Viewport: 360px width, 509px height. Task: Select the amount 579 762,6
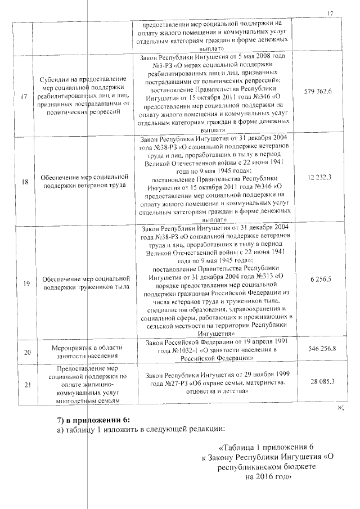[x=321, y=92]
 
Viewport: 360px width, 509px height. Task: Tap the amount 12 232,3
[x=320, y=177]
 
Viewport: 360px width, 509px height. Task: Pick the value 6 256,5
[x=321, y=279]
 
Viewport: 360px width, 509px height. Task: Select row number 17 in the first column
[x=24, y=96]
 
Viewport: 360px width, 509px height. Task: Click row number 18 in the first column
[x=24, y=182]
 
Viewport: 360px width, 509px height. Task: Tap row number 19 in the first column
[x=24, y=284]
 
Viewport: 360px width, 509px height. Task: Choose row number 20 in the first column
[x=24, y=352]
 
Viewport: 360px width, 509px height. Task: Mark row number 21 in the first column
[x=24, y=385]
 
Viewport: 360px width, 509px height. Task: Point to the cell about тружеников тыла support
[x=85, y=283]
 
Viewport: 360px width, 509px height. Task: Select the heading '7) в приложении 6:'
[x=93, y=421]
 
